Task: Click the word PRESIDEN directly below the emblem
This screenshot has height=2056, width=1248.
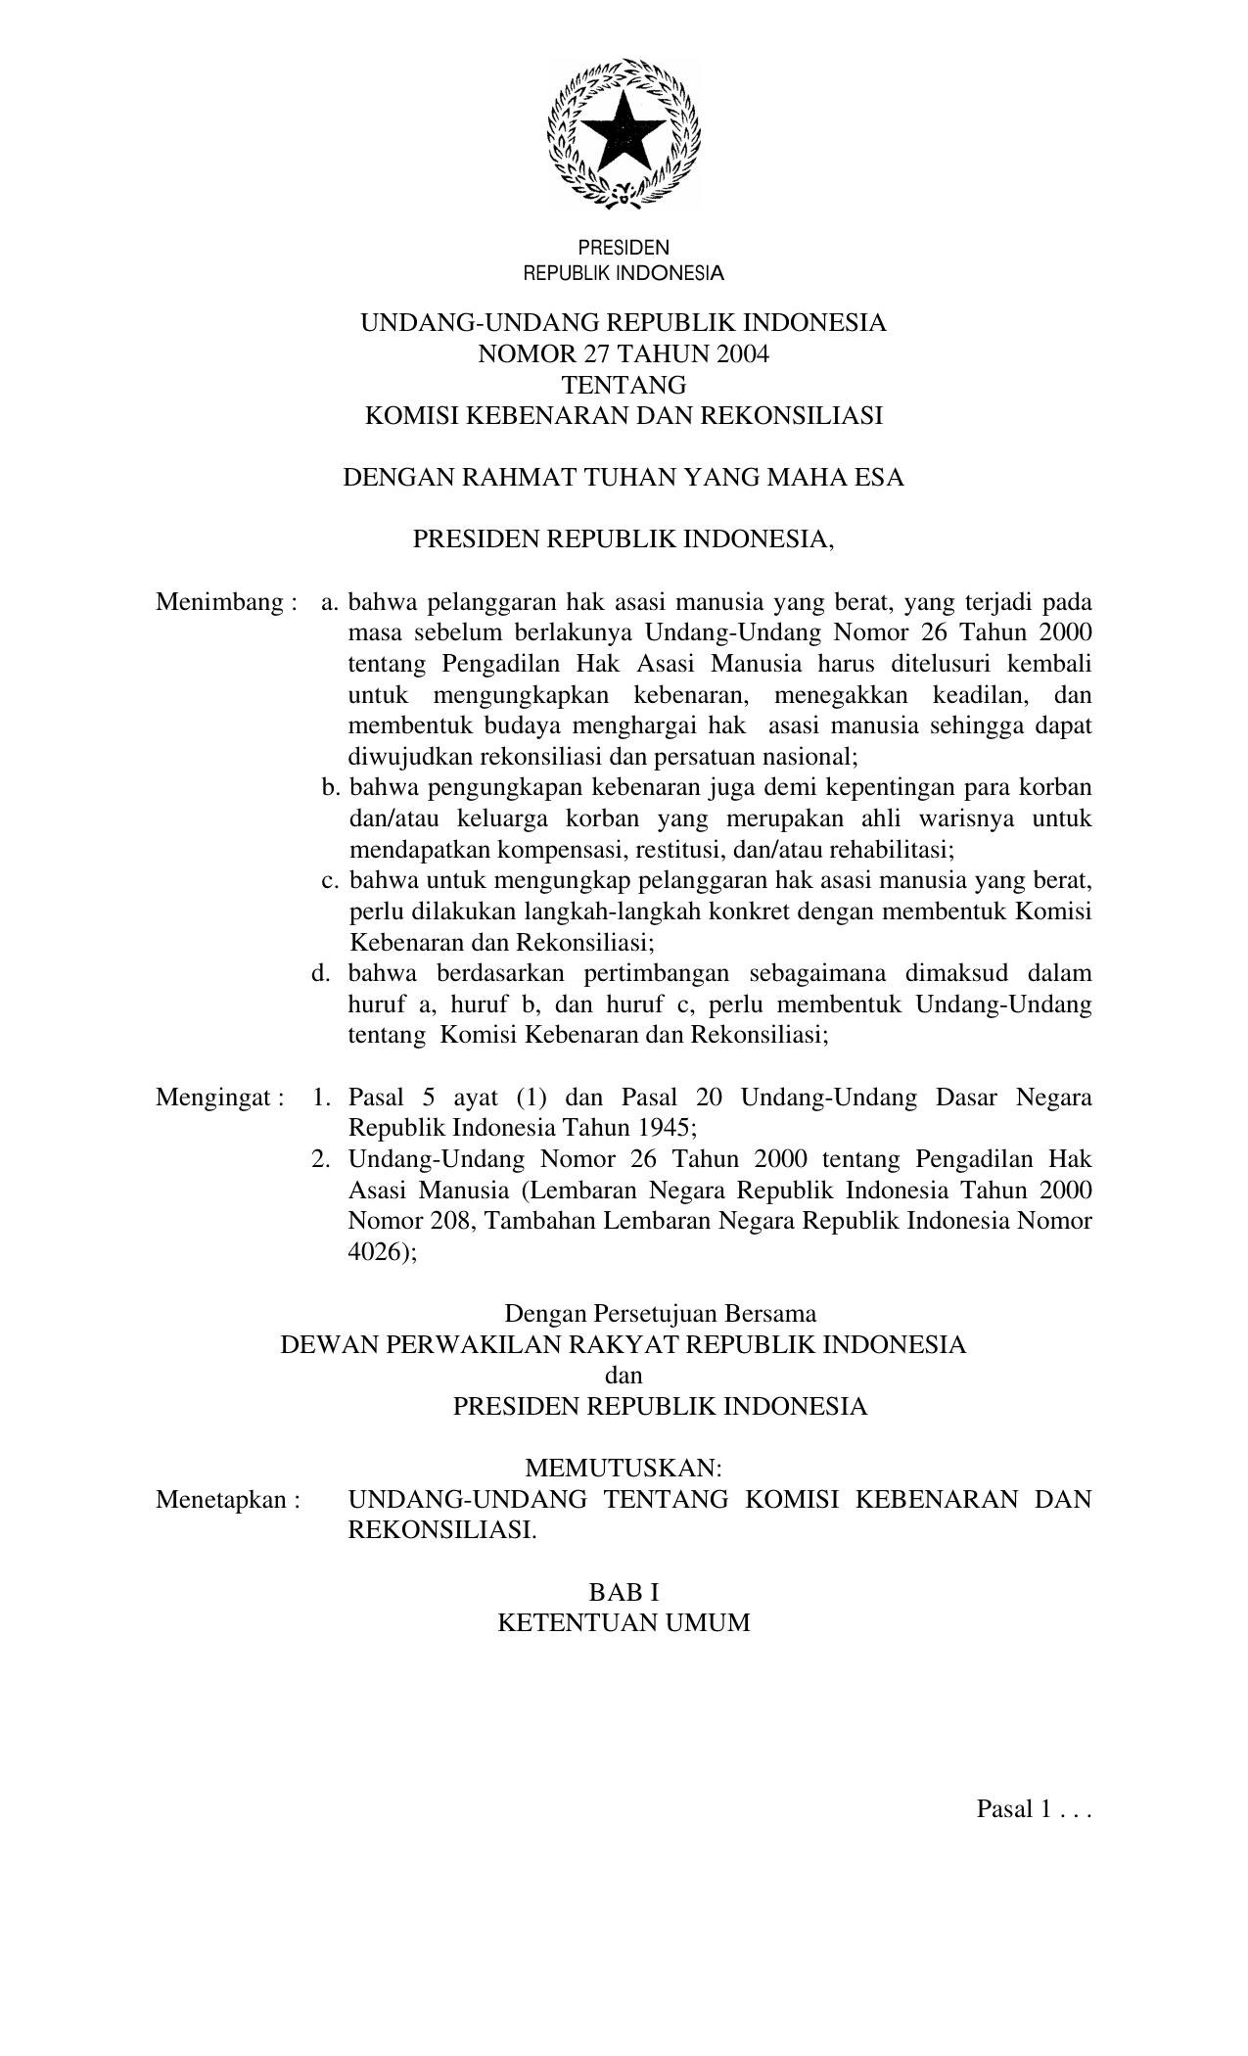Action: pyautogui.click(x=624, y=248)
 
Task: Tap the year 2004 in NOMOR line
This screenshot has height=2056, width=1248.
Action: pyautogui.click(x=742, y=354)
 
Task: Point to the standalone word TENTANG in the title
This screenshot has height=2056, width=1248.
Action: pyautogui.click(x=624, y=385)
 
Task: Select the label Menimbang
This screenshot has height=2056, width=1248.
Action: pyautogui.click(x=219, y=601)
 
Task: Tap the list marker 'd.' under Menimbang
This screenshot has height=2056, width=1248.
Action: pyautogui.click(x=320, y=973)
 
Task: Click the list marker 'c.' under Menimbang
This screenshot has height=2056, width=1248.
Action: pyautogui.click(x=331, y=880)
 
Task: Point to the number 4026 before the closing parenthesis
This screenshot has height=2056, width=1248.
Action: pyautogui.click(x=374, y=1252)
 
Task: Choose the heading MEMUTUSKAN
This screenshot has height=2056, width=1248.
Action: pyautogui.click(x=624, y=1468)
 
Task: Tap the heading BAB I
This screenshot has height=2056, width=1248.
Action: pyautogui.click(x=624, y=1591)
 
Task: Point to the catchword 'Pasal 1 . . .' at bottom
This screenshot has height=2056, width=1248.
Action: pyautogui.click(x=1033, y=1808)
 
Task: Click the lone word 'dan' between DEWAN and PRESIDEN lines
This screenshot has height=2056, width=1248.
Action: pyautogui.click(x=624, y=1375)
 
